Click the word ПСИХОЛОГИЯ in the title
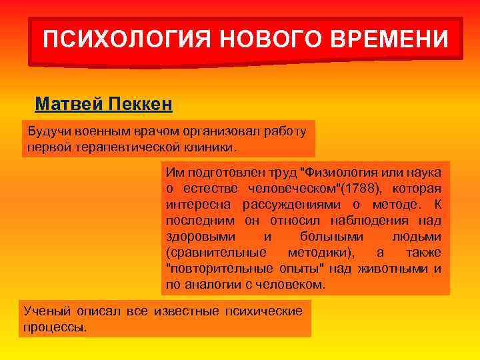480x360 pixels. pos(125,39)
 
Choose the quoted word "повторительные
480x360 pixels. pos(212,269)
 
